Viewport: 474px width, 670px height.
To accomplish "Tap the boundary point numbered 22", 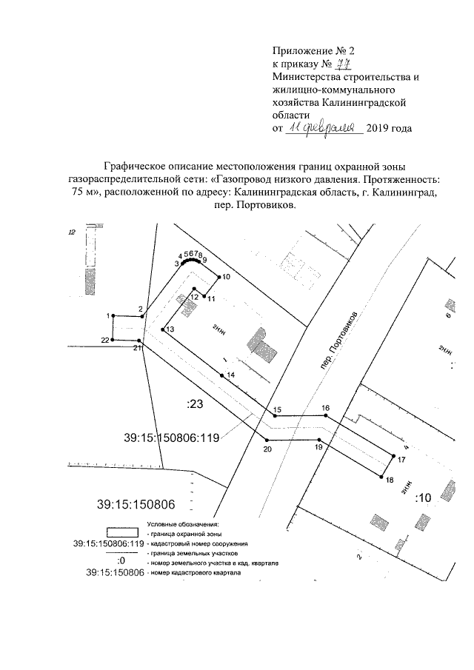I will click(x=113, y=340).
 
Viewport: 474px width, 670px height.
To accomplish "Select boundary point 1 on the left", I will click(x=113, y=315).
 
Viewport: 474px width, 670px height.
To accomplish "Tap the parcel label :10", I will click(x=423, y=497).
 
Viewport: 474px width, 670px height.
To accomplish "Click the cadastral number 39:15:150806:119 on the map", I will click(x=172, y=438).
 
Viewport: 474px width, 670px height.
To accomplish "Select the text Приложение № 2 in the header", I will click(x=314, y=51).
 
